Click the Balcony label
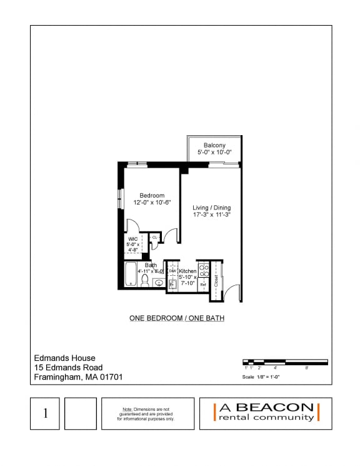tap(214, 145)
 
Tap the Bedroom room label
tap(152, 195)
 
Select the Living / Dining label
tap(212, 208)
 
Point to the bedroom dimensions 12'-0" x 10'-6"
tap(152, 203)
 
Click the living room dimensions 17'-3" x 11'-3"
tap(212, 215)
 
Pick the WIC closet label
tap(133, 239)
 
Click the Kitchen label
tap(187, 271)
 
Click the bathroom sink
tap(159, 283)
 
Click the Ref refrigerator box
tap(203, 284)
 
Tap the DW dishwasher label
tap(172, 271)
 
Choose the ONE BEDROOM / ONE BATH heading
tap(177, 318)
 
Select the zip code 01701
tap(110, 377)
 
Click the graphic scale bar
tap(284, 362)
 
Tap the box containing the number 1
tap(45, 413)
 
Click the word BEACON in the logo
tap(277, 407)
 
